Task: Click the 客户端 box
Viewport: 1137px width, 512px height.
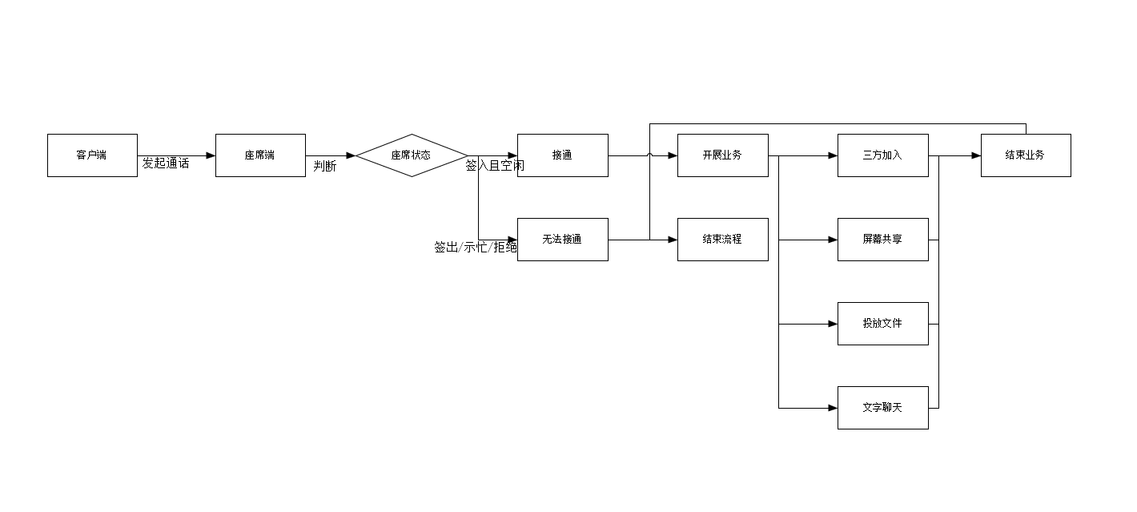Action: click(x=92, y=155)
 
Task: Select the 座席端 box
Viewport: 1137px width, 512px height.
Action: click(x=260, y=155)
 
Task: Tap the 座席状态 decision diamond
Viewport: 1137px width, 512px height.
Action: click(x=412, y=155)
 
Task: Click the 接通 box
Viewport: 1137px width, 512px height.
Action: click(x=562, y=155)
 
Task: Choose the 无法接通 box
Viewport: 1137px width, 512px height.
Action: click(x=562, y=240)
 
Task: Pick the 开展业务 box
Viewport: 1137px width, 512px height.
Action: click(x=722, y=155)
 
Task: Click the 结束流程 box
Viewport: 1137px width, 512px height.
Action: click(x=722, y=240)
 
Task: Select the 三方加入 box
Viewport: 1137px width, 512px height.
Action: click(x=882, y=155)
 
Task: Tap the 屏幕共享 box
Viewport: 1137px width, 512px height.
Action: click(x=882, y=240)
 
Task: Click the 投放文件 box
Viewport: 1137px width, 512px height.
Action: click(x=882, y=324)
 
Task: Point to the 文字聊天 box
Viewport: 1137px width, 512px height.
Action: click(x=882, y=408)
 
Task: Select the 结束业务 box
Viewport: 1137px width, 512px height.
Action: click(x=1025, y=155)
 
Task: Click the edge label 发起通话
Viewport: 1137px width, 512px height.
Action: click(x=166, y=163)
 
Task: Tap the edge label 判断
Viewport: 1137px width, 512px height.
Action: click(x=325, y=167)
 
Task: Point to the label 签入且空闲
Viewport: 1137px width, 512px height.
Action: click(x=495, y=166)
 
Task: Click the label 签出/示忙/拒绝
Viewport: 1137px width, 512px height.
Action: click(x=476, y=248)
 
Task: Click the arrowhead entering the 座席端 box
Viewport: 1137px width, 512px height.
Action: click(x=211, y=155)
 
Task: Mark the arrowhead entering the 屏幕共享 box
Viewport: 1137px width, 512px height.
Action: click(x=833, y=240)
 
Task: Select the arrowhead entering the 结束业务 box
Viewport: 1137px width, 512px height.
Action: click(x=976, y=155)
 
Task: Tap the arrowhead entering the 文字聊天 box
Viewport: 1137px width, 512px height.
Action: click(x=833, y=408)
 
